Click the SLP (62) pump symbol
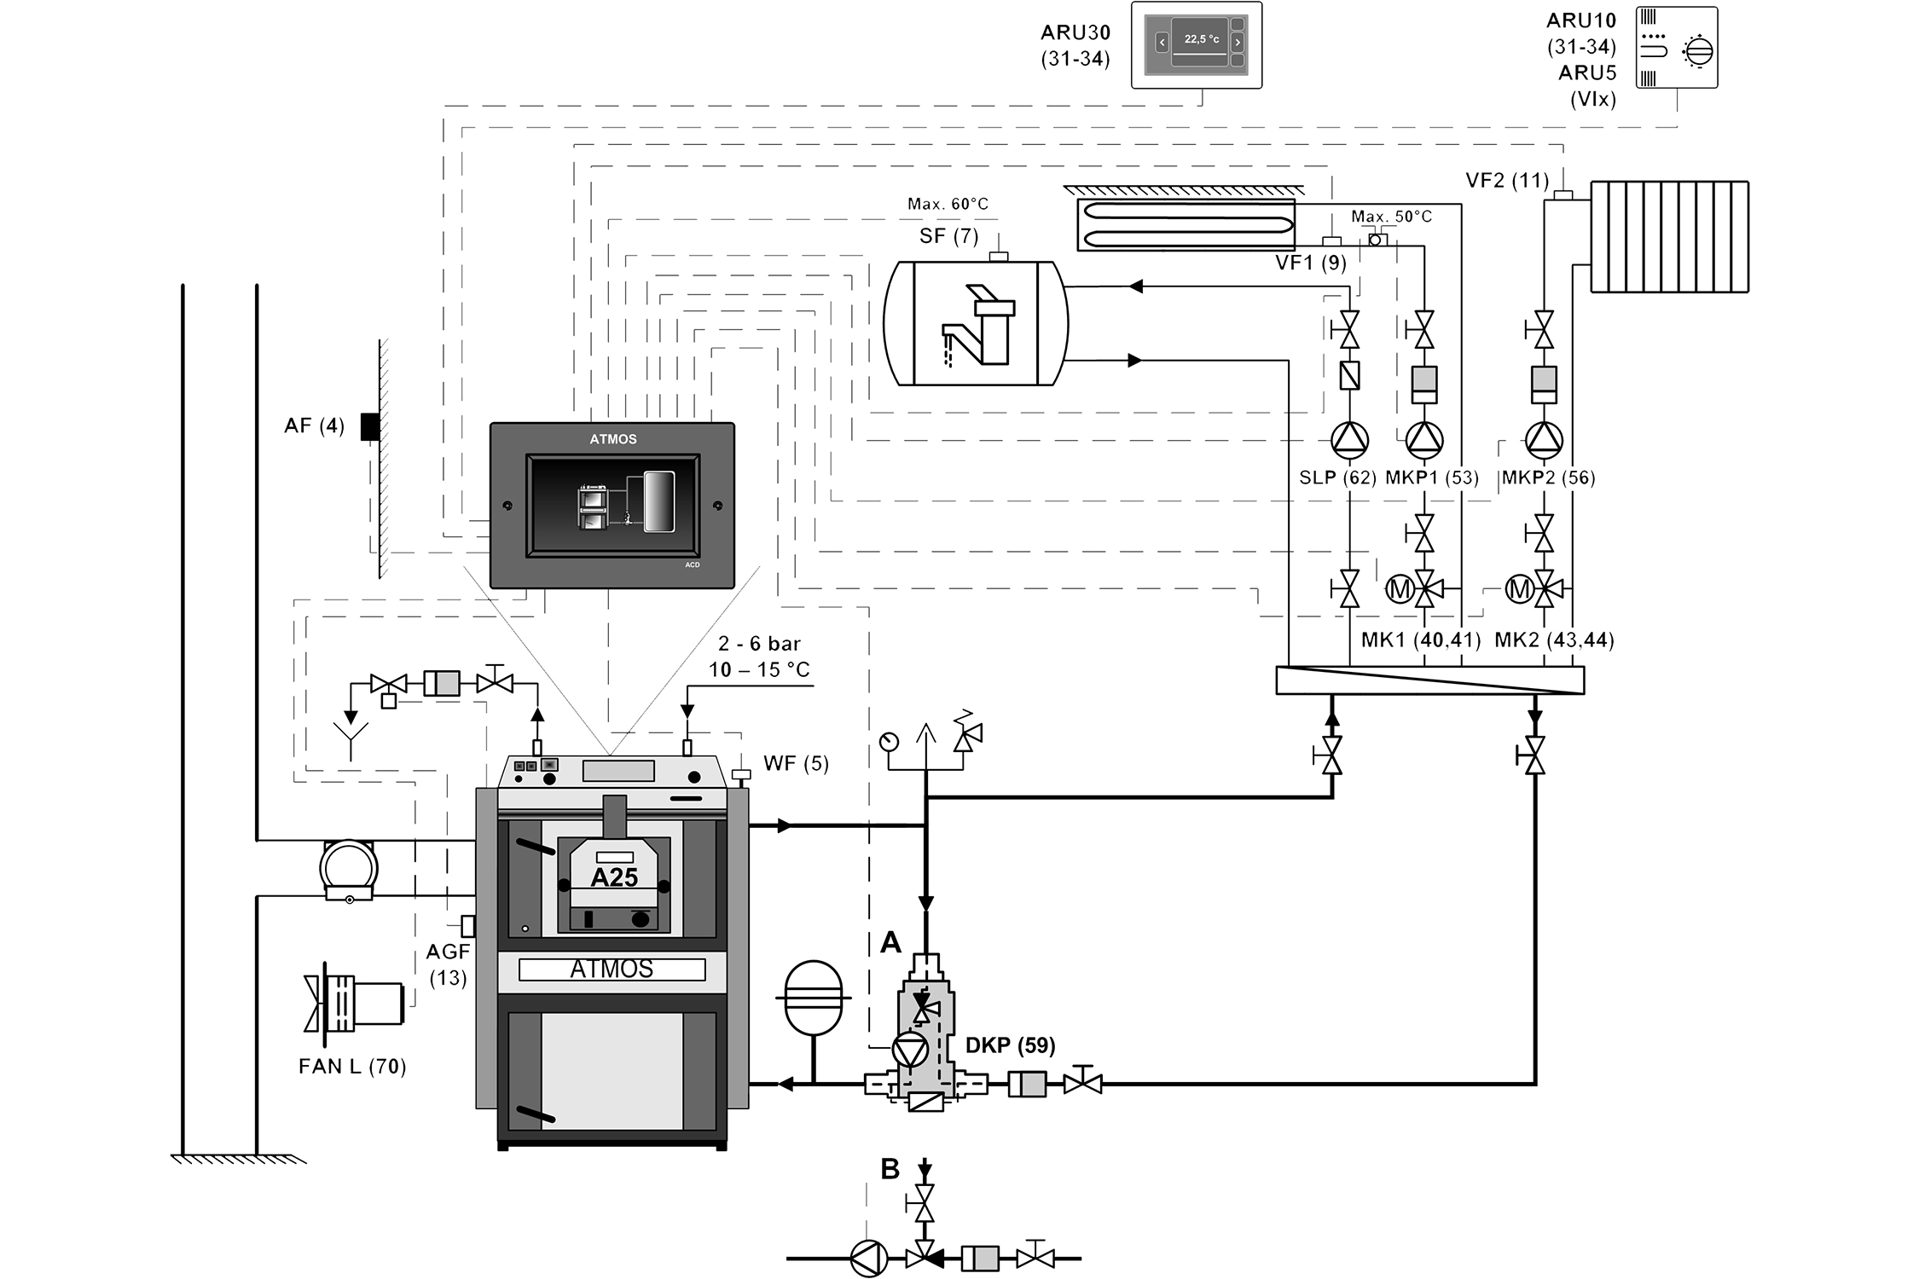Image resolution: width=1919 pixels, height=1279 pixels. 1349,439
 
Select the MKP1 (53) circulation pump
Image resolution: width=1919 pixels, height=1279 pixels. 1423,439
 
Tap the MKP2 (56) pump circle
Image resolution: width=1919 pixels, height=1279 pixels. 1543,439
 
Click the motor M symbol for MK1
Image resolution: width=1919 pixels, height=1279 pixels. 1400,588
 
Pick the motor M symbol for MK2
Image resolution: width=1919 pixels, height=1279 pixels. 1519,588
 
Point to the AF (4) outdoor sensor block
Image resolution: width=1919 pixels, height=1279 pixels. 369,426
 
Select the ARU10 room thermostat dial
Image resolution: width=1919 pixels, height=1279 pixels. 1697,50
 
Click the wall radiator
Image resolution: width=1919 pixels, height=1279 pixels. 1669,236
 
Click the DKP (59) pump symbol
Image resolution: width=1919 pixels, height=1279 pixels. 908,1050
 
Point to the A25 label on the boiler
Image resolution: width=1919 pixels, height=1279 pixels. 614,877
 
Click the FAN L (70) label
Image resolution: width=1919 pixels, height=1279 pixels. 352,1066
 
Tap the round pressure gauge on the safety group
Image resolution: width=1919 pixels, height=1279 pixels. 889,741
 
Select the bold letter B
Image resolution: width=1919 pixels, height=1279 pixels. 890,1169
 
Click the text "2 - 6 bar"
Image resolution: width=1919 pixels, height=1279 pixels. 759,644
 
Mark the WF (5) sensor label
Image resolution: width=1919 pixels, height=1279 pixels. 795,763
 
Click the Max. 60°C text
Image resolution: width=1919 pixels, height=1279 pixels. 948,204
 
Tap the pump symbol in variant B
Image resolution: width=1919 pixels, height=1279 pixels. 869,1258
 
